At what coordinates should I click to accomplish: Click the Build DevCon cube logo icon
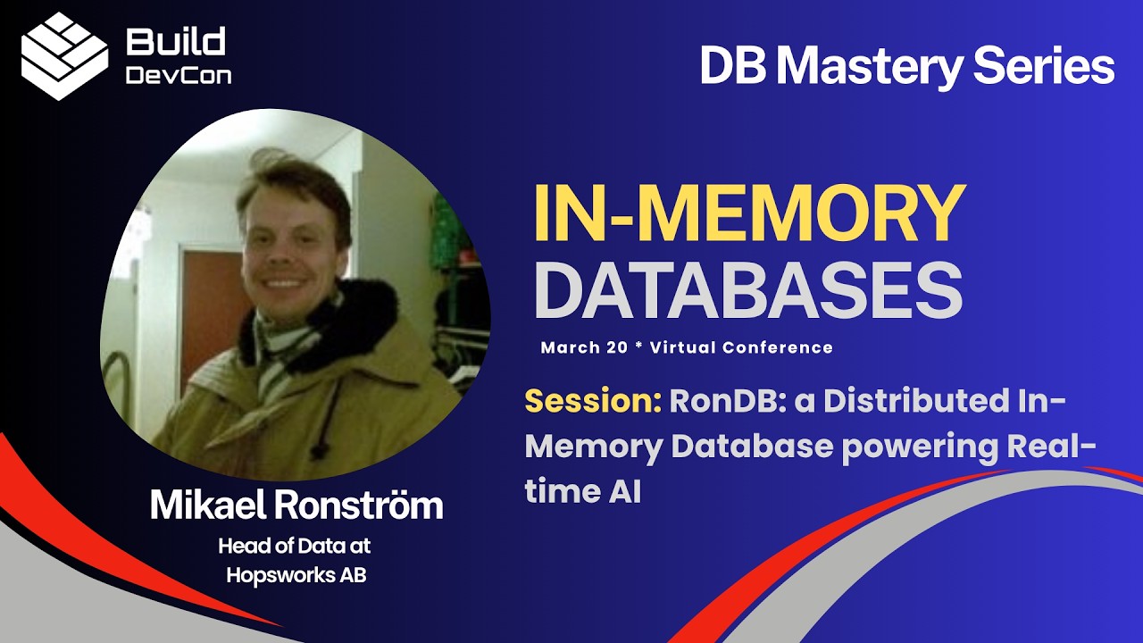click(64, 55)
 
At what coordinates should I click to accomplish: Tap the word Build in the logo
click(176, 41)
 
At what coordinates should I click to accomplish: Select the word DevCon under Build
click(178, 75)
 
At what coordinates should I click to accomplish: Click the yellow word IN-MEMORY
click(749, 215)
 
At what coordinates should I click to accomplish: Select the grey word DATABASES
click(747, 291)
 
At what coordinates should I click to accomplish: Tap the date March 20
click(584, 347)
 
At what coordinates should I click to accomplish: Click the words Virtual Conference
click(741, 347)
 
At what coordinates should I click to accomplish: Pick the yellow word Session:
click(592, 402)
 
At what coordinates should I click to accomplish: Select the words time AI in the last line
click(582, 491)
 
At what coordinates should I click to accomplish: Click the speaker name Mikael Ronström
click(296, 505)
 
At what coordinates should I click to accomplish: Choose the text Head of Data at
click(296, 546)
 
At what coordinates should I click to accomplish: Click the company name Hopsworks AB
click(296, 575)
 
